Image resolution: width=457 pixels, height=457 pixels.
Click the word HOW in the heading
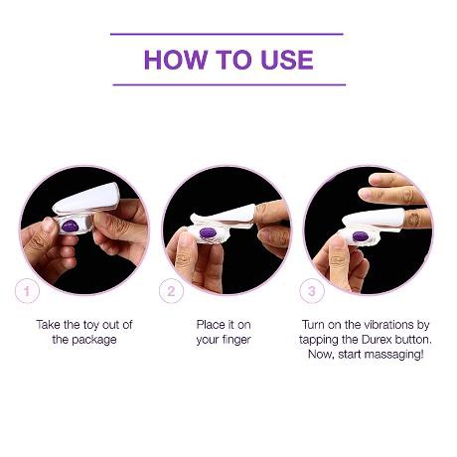click(x=175, y=60)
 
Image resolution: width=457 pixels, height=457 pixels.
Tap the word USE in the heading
click(x=287, y=60)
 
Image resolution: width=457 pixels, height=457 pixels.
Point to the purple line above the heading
click(x=227, y=34)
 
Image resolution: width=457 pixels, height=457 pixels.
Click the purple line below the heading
click(x=229, y=84)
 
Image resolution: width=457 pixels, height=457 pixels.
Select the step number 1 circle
click(x=27, y=291)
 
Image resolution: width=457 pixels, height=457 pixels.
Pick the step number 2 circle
click(x=171, y=291)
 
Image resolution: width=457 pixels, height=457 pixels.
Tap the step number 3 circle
click(x=312, y=291)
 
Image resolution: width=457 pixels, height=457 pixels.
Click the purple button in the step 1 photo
click(x=70, y=227)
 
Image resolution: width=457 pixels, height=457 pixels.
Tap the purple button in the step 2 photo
click(x=208, y=232)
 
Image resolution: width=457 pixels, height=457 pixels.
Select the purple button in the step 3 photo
click(x=361, y=236)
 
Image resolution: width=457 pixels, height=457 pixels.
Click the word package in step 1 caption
click(x=94, y=340)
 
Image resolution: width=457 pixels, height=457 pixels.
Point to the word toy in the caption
click(x=90, y=325)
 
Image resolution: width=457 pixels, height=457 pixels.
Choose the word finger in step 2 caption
click(x=234, y=340)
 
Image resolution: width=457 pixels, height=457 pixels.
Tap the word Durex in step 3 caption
click(x=377, y=340)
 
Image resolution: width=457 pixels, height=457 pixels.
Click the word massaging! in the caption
click(x=395, y=355)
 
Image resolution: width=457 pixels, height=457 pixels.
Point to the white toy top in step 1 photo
click(x=86, y=198)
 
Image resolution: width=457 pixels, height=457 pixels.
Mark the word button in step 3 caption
click(x=413, y=340)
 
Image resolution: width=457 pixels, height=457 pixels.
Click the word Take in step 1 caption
click(x=49, y=325)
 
